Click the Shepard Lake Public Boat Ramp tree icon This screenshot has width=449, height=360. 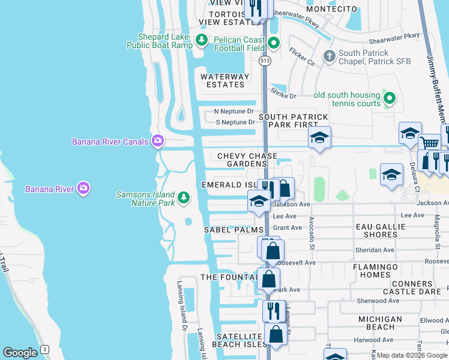click(202, 40)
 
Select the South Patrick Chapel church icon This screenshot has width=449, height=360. click(329, 57)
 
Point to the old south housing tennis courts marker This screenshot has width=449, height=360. click(390, 98)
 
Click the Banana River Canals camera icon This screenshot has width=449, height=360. click(158, 141)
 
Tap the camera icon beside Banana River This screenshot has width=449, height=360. click(84, 188)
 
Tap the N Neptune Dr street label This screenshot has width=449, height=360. click(234, 112)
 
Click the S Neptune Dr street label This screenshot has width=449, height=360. click(235, 122)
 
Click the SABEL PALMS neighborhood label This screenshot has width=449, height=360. click(234, 230)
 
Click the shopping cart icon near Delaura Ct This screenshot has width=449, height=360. click(429, 144)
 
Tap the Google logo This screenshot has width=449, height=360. click(20, 353)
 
